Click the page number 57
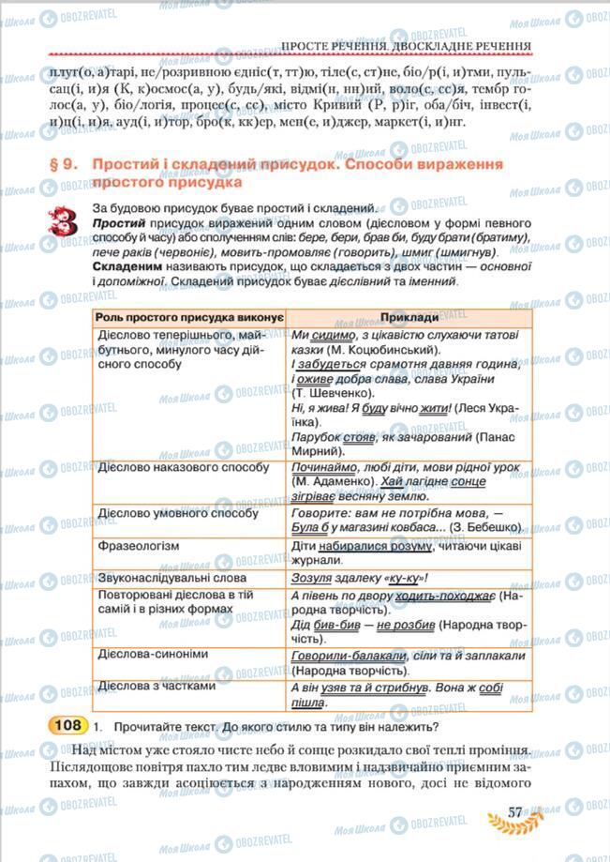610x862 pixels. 514,811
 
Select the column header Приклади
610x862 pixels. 409,319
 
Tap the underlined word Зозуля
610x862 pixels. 313,579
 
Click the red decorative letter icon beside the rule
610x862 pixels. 66,224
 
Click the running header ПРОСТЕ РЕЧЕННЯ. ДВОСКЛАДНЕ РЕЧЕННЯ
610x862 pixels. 406,45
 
